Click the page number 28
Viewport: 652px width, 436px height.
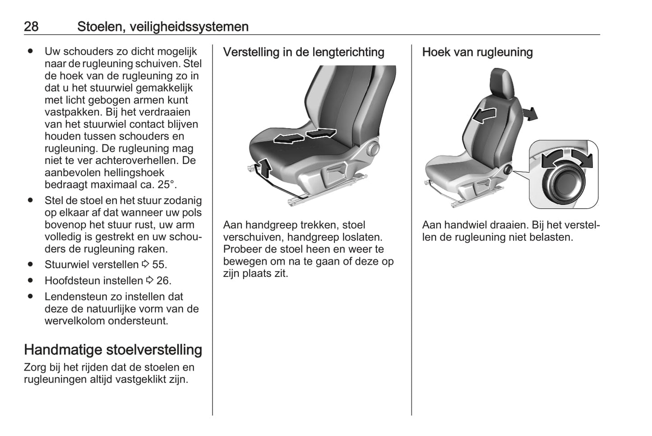[31, 27]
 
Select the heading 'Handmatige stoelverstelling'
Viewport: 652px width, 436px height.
[113, 350]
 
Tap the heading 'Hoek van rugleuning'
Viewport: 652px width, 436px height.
[477, 52]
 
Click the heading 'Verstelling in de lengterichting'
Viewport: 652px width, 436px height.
[304, 52]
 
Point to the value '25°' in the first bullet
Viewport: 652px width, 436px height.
[165, 185]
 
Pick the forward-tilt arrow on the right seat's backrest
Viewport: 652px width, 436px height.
[484, 115]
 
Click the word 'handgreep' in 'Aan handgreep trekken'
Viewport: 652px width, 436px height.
[269, 225]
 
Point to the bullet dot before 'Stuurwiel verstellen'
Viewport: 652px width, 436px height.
[30, 264]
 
